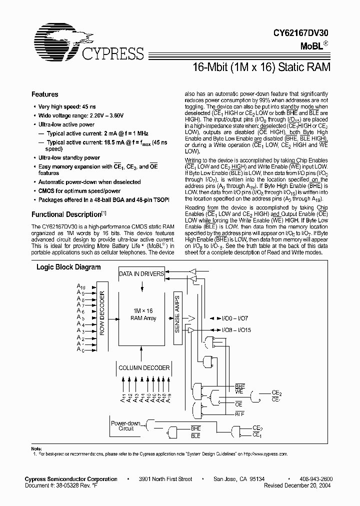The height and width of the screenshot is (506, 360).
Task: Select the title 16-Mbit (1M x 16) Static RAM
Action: coord(261,66)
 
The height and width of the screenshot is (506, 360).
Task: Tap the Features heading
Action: coord(44,94)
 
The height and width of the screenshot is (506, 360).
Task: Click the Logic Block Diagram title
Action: coord(68,267)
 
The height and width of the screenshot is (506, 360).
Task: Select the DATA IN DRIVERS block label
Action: coord(141,274)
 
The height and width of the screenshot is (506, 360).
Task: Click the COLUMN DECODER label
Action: coord(144,368)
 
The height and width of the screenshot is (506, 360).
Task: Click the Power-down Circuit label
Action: coord(122,426)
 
